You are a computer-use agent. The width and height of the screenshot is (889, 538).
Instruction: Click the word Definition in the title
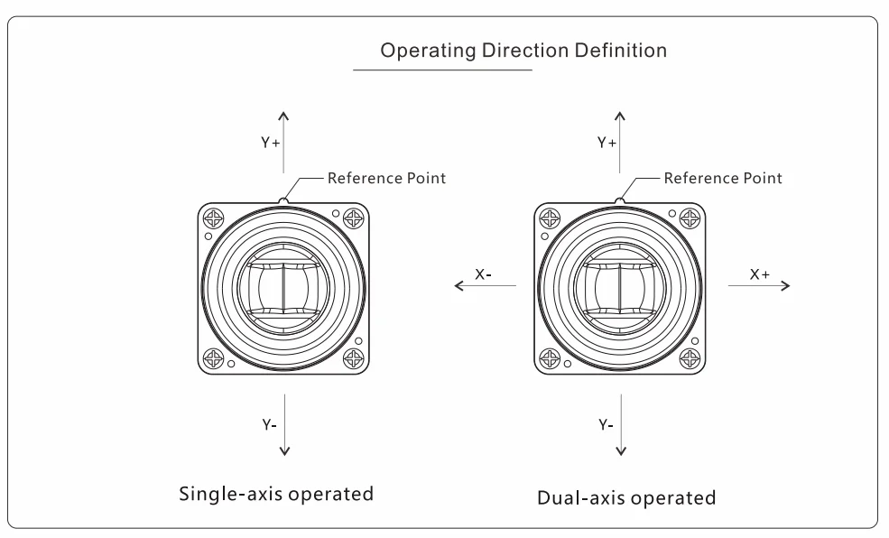pyautogui.click(x=621, y=51)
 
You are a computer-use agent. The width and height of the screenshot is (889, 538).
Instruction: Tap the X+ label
pyautogui.click(x=760, y=274)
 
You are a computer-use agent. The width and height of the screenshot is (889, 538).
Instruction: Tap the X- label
pyautogui.click(x=483, y=274)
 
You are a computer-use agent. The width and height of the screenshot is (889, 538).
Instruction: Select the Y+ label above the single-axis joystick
pyautogui.click(x=271, y=143)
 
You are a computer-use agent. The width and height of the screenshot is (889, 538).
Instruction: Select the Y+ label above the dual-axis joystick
pyautogui.click(x=607, y=143)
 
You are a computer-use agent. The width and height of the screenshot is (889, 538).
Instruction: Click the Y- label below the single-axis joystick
pyautogui.click(x=269, y=424)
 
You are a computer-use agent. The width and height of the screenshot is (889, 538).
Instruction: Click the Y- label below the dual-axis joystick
pyautogui.click(x=607, y=424)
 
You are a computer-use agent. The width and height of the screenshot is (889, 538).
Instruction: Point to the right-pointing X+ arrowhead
pyautogui.click(x=786, y=285)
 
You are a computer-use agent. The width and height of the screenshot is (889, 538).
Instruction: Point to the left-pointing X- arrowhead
pyautogui.click(x=458, y=285)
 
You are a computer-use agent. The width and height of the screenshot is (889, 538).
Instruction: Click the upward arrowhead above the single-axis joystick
pyautogui.click(x=283, y=115)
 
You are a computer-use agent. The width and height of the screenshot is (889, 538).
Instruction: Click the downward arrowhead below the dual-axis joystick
pyautogui.click(x=621, y=452)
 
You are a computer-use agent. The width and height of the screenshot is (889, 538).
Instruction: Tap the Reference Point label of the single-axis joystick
pyautogui.click(x=386, y=178)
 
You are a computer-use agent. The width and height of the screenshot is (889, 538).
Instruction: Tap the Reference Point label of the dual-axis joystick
pyautogui.click(x=723, y=178)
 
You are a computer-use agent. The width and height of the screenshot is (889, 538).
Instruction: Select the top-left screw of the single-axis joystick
pyautogui.click(x=214, y=218)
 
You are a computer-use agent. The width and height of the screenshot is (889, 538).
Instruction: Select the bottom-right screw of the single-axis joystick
pyautogui.click(x=353, y=358)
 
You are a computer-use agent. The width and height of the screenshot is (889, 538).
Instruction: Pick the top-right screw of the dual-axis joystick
pyautogui.click(x=690, y=218)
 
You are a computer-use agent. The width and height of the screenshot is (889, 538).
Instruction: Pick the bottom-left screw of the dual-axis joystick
pyautogui.click(x=550, y=358)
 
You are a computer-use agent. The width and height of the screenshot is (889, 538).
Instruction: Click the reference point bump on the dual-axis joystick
pyautogui.click(x=620, y=200)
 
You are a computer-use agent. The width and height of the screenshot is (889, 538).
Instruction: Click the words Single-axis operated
pyautogui.click(x=276, y=494)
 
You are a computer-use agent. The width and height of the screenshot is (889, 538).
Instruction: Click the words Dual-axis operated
pyautogui.click(x=626, y=497)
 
